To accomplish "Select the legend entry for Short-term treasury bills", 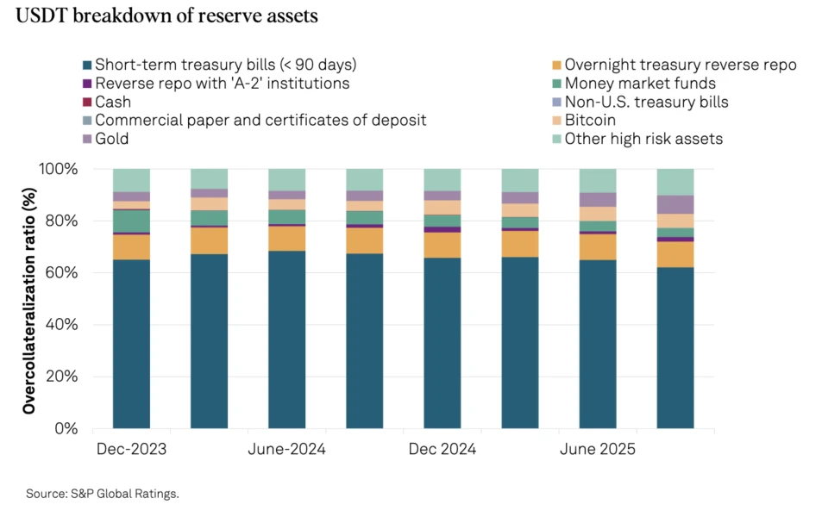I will pos(224,65).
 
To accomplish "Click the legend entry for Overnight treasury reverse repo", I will pos(680,65).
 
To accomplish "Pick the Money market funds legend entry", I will pos(639,84).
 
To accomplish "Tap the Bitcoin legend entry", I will pos(589,121).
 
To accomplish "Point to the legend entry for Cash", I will pos(112,102).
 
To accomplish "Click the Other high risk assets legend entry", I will pos(643,139).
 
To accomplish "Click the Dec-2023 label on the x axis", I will pos(131,450).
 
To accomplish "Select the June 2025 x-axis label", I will pos(598,450).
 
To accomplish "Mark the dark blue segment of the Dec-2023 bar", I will pos(131,345).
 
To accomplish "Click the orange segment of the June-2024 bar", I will pos(286,239).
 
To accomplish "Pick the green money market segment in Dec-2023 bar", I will pos(131,221).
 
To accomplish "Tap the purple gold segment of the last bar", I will pos(675,204).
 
